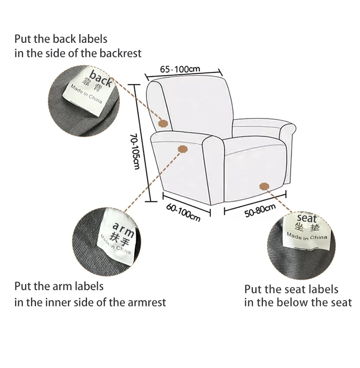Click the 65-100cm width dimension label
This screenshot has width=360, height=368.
click(x=180, y=69)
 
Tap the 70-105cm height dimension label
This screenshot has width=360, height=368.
click(x=135, y=152)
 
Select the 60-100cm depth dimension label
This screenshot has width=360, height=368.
click(x=183, y=213)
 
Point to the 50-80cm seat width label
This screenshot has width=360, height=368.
click(x=260, y=210)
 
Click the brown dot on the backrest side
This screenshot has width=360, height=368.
click(x=163, y=123)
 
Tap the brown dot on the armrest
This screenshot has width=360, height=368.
click(x=182, y=149)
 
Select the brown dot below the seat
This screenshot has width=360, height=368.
click(x=264, y=186)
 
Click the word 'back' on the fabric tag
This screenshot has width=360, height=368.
click(x=101, y=79)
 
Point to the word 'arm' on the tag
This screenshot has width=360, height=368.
click(x=123, y=230)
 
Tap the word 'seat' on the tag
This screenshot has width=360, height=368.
click(x=307, y=218)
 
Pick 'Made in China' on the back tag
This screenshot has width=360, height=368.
click(x=86, y=94)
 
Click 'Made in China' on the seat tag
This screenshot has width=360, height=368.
click(x=307, y=236)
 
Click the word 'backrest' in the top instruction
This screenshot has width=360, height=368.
click(x=120, y=53)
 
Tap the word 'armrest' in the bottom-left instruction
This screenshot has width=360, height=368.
click(x=147, y=302)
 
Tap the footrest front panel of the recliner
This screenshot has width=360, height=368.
click(x=255, y=176)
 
